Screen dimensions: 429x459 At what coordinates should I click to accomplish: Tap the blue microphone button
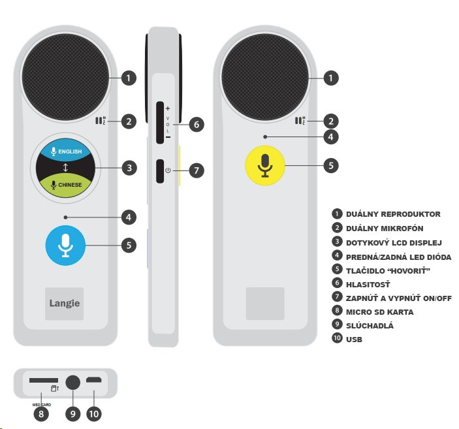coord(65,245)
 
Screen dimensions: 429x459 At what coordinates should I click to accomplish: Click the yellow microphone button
coord(264,165)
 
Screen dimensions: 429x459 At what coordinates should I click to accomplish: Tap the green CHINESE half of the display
coord(65,185)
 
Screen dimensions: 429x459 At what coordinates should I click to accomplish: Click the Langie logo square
coord(65,304)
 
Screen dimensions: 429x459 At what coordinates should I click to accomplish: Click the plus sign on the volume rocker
coord(168,108)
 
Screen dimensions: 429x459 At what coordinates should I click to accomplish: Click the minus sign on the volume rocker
coord(168,138)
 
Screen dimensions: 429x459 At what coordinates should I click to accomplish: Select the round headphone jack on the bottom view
coord(72,383)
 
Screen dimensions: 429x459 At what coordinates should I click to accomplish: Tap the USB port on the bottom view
coord(94,380)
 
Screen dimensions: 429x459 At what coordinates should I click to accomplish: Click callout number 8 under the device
coord(42,414)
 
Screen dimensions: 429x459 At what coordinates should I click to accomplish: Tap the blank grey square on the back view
coord(264,304)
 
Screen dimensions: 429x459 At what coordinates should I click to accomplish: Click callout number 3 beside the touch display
coord(129,168)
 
